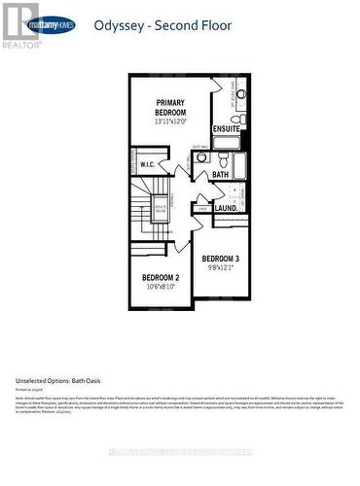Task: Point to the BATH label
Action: pyautogui.click(x=221, y=175)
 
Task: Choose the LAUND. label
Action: pyautogui.click(x=227, y=207)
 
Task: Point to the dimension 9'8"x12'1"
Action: pyautogui.click(x=220, y=267)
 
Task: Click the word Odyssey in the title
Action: pyautogui.click(x=118, y=27)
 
